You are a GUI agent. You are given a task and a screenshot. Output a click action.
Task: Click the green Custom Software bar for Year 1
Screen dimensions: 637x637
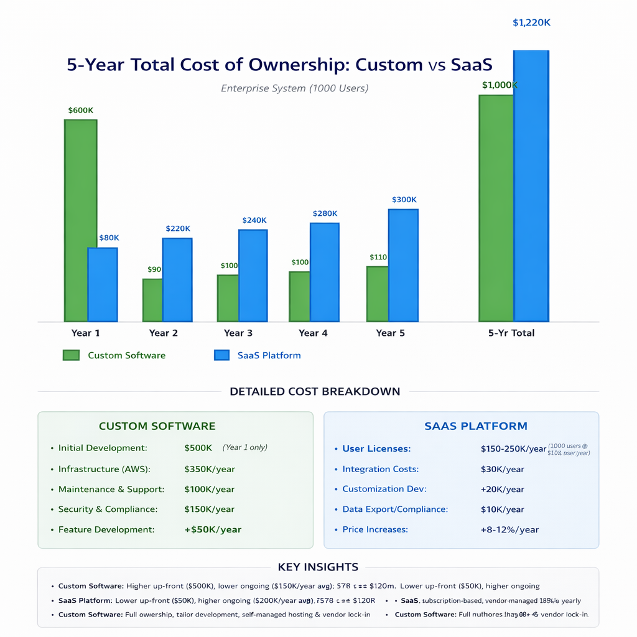coord(80,220)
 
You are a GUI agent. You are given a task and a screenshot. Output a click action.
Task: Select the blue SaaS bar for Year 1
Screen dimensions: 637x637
coord(103,284)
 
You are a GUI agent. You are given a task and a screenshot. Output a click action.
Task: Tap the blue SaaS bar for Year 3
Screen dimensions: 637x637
coord(253,276)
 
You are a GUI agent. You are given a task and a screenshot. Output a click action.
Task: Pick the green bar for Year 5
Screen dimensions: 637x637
coord(378,294)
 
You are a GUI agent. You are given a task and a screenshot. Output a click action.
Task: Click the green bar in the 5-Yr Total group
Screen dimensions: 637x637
coord(496,208)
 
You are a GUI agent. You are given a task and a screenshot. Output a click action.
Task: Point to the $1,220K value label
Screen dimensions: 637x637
coord(531,23)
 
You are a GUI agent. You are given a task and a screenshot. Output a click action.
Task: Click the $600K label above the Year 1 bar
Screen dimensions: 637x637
coord(81,110)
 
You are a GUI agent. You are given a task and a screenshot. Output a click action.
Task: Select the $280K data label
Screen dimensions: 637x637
coord(325,213)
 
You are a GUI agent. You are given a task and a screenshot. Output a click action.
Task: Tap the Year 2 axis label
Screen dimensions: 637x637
coord(163,333)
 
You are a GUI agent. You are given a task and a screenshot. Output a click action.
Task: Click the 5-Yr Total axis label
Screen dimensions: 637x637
coord(511,333)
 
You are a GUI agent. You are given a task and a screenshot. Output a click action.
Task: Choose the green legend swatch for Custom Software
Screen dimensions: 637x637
coord(71,355)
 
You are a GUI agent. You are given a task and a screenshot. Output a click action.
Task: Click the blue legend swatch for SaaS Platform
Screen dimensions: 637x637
coord(222,355)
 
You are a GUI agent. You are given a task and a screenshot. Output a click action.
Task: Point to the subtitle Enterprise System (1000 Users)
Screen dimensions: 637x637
coord(294,88)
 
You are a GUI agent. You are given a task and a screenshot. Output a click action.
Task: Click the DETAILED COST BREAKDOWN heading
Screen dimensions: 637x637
coord(315,392)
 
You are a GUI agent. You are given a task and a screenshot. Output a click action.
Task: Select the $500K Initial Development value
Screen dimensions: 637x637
coord(198,448)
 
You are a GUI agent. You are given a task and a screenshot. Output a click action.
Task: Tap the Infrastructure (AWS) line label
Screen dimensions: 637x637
coord(105,469)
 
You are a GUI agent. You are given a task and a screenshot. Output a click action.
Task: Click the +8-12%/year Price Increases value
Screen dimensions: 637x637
coord(509,530)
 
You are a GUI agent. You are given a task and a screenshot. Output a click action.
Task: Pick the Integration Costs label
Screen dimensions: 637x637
coord(380,469)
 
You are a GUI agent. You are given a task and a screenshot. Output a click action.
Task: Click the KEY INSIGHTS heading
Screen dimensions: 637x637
coord(318,567)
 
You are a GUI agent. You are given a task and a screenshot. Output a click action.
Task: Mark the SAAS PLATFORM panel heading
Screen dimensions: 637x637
coord(475,426)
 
